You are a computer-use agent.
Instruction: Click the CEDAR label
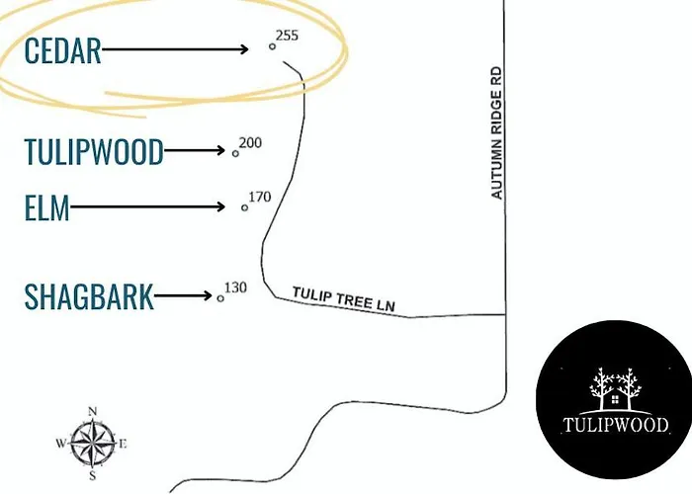point(62,50)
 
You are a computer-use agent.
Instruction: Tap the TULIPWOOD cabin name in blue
point(94,151)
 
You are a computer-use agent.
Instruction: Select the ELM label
point(46,207)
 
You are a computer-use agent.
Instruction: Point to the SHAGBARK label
point(89,296)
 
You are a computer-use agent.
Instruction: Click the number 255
point(287,36)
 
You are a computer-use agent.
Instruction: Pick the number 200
point(250,143)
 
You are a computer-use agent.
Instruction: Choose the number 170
point(259,197)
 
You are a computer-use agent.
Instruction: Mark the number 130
point(235,288)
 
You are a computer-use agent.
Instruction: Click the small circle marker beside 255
point(272,46)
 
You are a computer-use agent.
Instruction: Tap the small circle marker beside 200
point(235,153)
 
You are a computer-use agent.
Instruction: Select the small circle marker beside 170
point(244,207)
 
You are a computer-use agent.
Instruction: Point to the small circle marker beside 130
point(220,298)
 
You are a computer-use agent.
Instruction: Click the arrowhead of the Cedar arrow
point(243,49)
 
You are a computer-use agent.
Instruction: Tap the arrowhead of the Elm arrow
point(220,206)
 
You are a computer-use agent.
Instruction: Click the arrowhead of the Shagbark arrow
point(208,295)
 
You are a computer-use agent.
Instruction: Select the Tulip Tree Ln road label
point(343,299)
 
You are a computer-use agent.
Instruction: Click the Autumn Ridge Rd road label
point(496,132)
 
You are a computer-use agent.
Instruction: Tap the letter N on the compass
point(92,412)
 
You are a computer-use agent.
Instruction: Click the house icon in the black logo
point(615,399)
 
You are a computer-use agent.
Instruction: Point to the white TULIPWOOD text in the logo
point(616,425)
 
